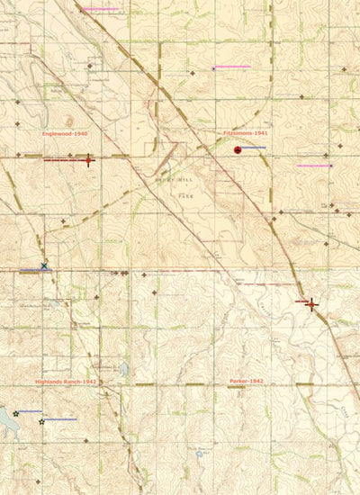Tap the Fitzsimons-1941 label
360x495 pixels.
pos(246,133)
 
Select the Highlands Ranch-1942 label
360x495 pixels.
pos(66,382)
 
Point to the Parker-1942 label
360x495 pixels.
pos(246,382)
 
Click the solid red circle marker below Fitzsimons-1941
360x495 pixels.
pos(238,150)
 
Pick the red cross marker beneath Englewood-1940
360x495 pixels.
pos(88,161)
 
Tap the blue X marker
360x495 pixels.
pos(44,266)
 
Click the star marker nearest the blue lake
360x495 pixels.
pos(16,413)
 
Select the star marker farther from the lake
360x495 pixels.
pos(42,421)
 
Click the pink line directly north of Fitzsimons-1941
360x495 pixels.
pos(232,67)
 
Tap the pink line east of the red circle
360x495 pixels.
pos(315,166)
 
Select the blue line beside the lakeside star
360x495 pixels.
pos(30,410)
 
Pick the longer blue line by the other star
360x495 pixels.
pos(60,419)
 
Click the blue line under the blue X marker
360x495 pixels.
pos(36,271)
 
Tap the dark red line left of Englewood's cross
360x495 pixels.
pos(63,160)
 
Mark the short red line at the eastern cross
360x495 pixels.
pos(302,302)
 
